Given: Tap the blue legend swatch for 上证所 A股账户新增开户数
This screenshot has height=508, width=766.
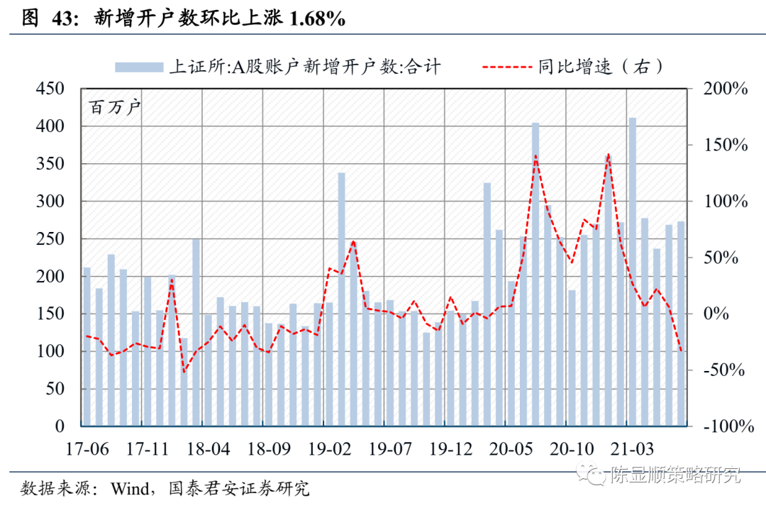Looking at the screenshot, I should [x=140, y=67].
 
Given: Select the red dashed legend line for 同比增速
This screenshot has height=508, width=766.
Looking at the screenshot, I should [x=506, y=67].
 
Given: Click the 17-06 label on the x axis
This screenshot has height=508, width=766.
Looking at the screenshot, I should [x=88, y=449].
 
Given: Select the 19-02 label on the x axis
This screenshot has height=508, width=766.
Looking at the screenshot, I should [x=331, y=449].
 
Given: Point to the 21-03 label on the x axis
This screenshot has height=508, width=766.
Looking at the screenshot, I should [x=633, y=449].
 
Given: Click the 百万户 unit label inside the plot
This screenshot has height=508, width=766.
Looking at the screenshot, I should [x=115, y=109].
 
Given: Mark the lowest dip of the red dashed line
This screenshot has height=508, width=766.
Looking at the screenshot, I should [x=184, y=371].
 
